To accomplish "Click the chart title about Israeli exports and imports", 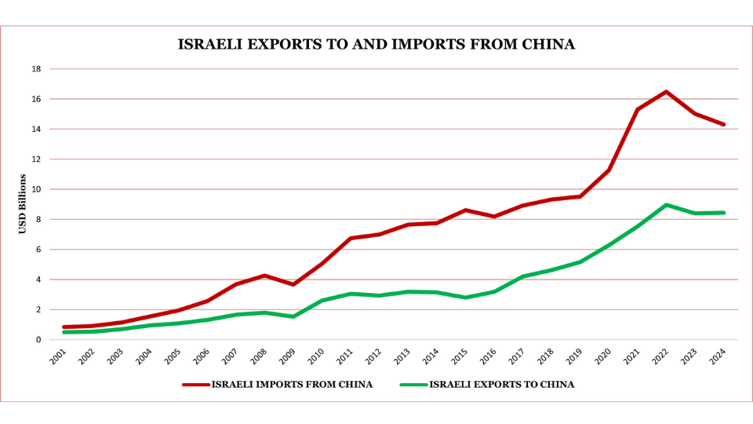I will (376, 45).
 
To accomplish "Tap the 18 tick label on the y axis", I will (36, 69).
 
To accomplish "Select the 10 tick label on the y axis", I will (36, 189).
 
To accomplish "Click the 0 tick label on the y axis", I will (38, 340).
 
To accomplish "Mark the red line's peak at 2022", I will (666, 92).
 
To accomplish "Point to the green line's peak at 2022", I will (666, 205).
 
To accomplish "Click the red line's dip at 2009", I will (293, 284).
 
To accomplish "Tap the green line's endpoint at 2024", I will (723, 213).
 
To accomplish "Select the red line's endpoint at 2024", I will (723, 124).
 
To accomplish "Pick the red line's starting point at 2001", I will (64, 327).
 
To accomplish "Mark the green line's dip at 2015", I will (466, 298).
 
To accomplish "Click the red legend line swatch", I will (195, 385).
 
